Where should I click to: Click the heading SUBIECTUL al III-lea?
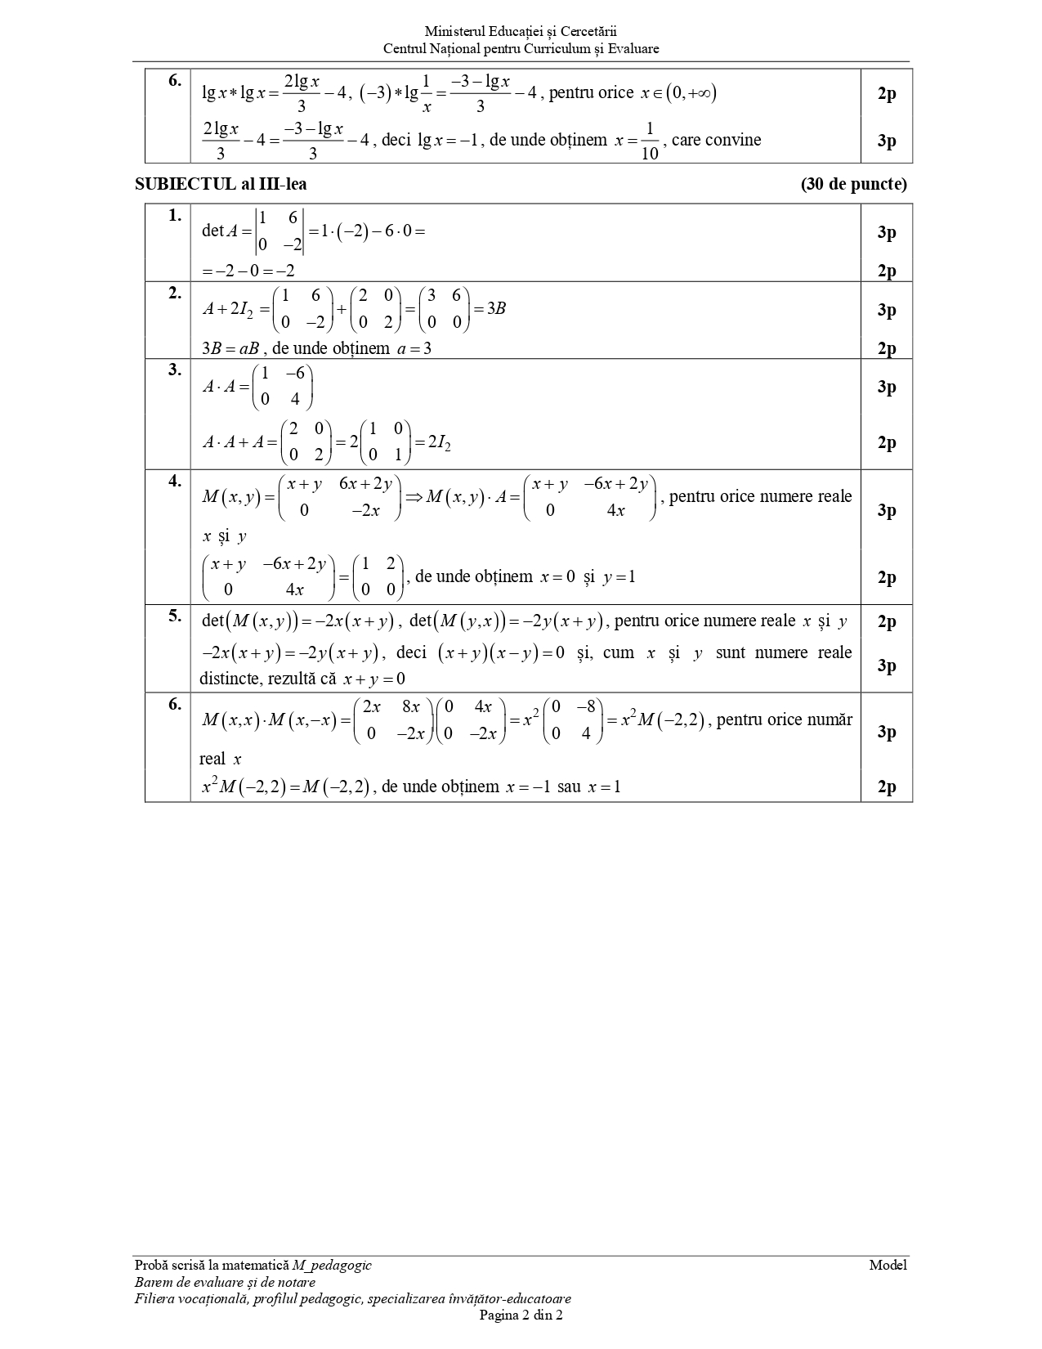(221, 184)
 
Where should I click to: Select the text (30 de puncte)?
(853, 184)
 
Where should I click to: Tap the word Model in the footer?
(888, 1266)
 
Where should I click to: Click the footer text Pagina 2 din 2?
(521, 1315)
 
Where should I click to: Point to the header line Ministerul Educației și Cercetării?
(521, 32)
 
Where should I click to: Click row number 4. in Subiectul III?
(175, 481)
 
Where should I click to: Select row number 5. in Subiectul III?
(175, 616)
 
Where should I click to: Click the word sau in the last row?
(569, 787)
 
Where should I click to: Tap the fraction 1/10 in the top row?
(650, 141)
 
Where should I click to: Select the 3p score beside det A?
(887, 232)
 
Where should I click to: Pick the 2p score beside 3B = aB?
(887, 349)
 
